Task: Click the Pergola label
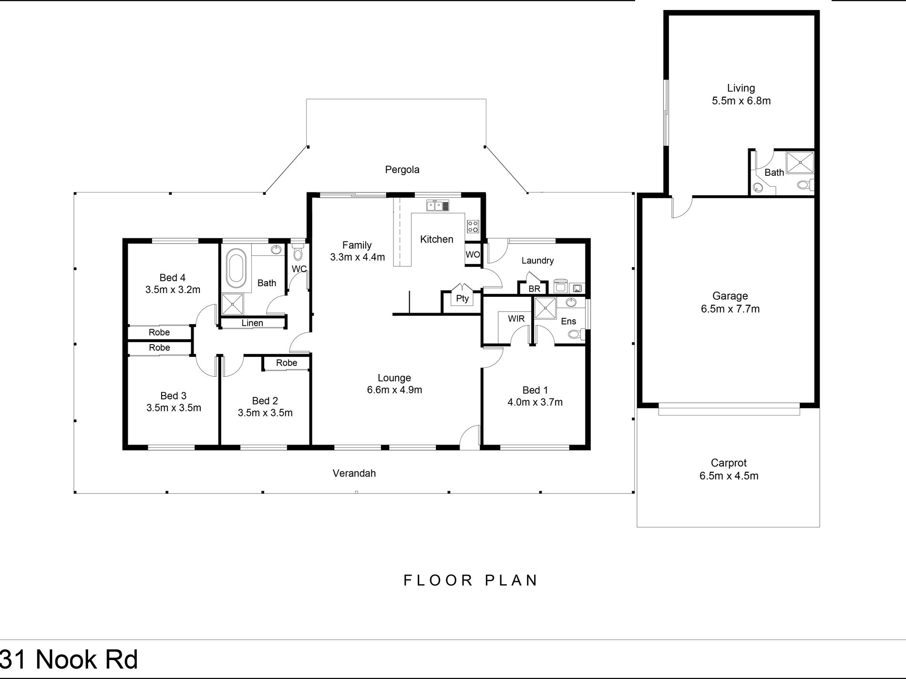click(x=402, y=170)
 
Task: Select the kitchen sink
click(x=438, y=206)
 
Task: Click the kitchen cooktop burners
click(x=473, y=226)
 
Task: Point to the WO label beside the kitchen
click(x=473, y=254)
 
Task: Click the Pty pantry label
click(x=462, y=299)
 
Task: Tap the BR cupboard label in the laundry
click(x=534, y=289)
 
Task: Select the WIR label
click(x=516, y=318)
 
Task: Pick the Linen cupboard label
click(x=252, y=323)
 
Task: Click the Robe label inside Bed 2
click(x=287, y=363)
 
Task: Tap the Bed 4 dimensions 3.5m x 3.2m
click(x=173, y=289)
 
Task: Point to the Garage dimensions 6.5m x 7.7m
click(x=730, y=309)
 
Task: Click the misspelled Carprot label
click(x=729, y=463)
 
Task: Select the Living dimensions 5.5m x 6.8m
click(x=741, y=101)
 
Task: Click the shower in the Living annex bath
click(x=800, y=163)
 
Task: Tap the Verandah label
click(x=354, y=473)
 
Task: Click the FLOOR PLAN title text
click(x=471, y=580)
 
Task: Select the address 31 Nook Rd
click(x=70, y=659)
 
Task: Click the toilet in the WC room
click(x=298, y=251)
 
